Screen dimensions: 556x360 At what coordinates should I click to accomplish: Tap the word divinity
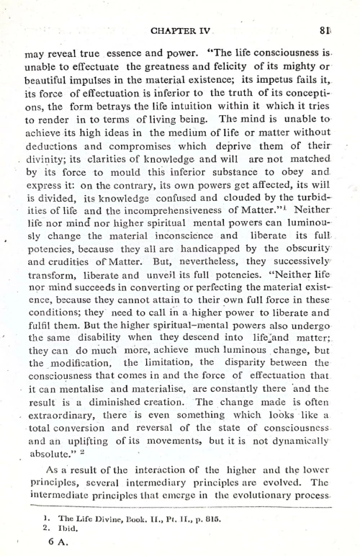tap(48, 179)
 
